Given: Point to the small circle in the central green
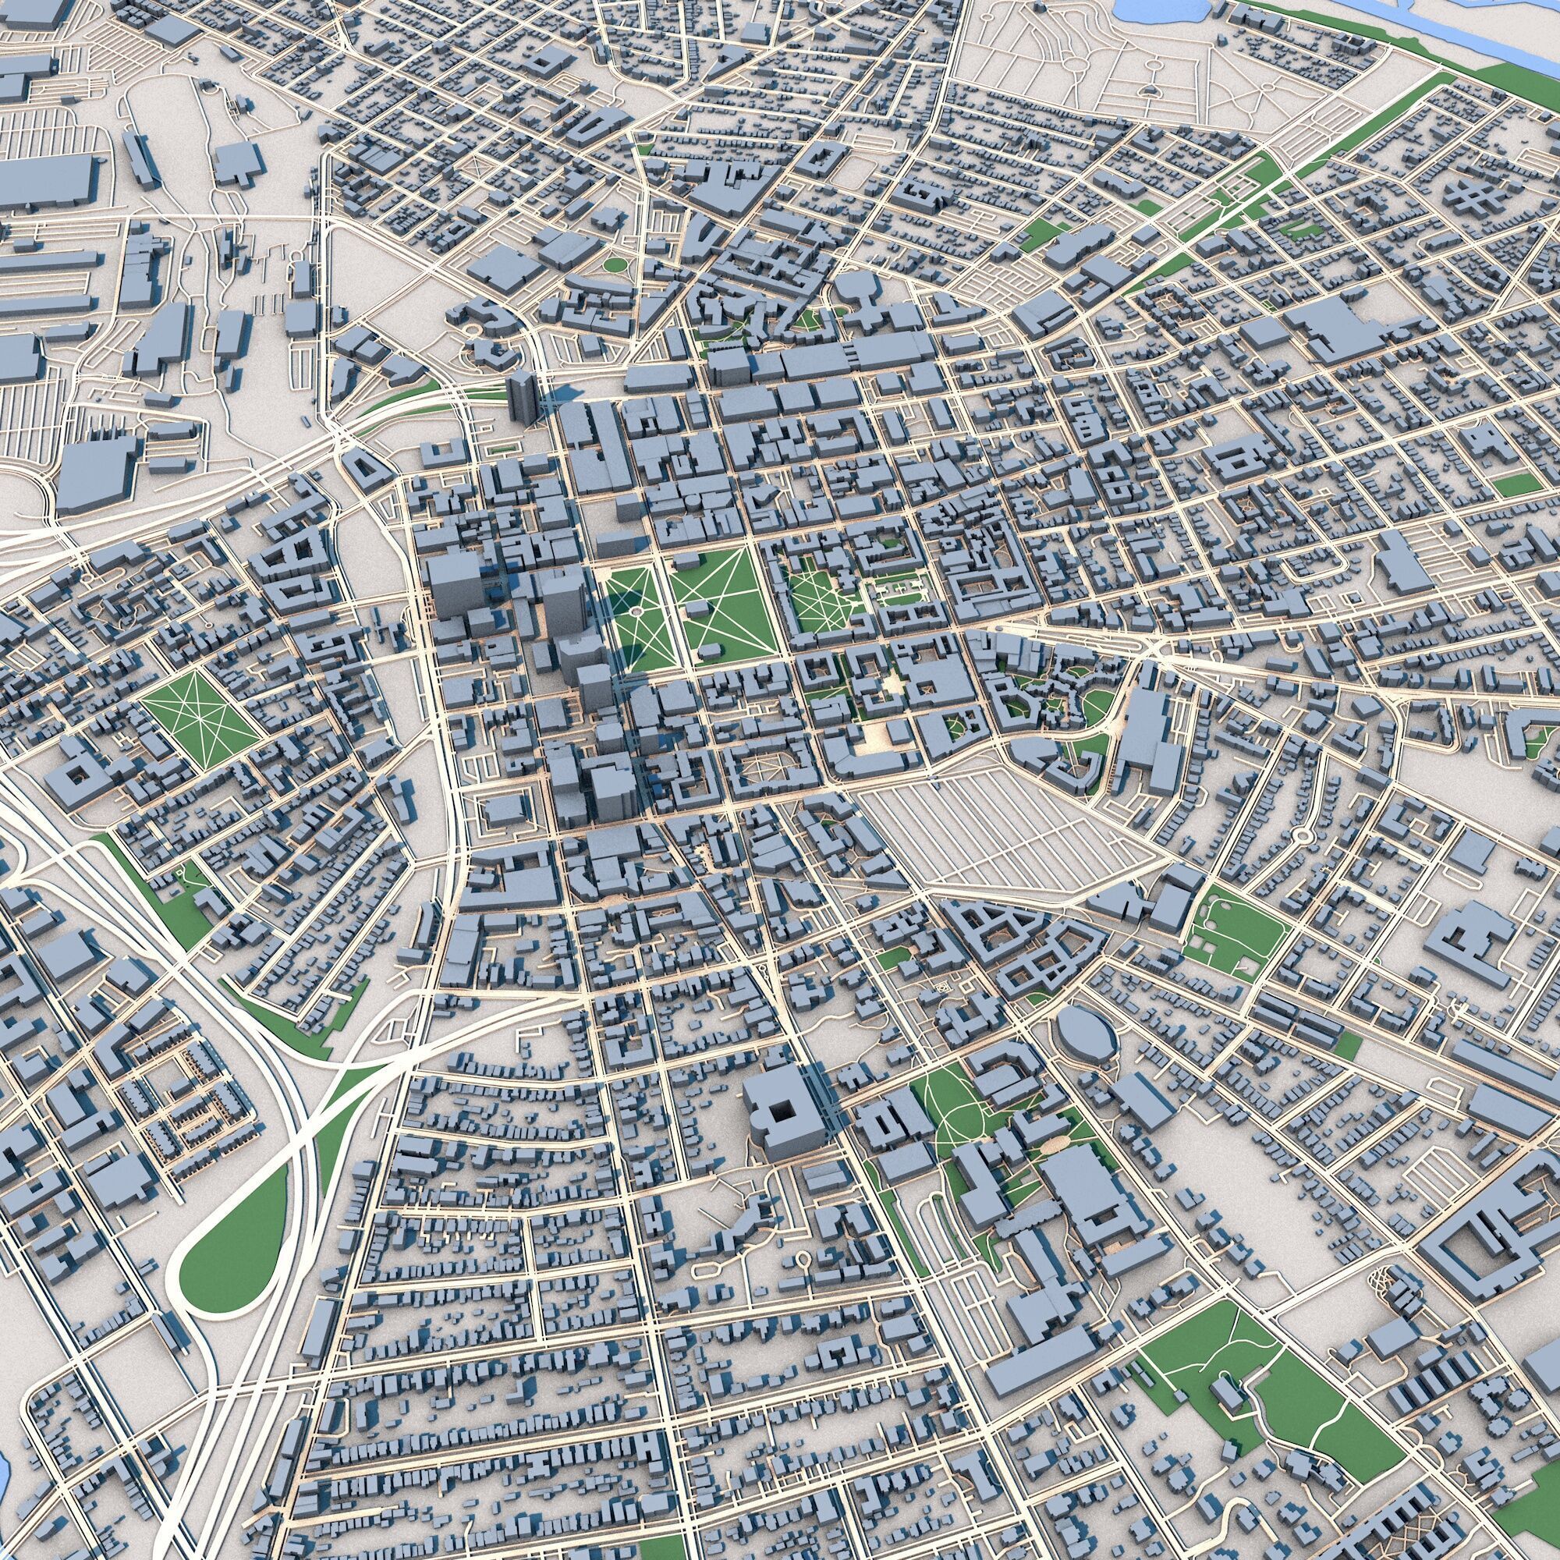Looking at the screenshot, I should [x=636, y=613].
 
